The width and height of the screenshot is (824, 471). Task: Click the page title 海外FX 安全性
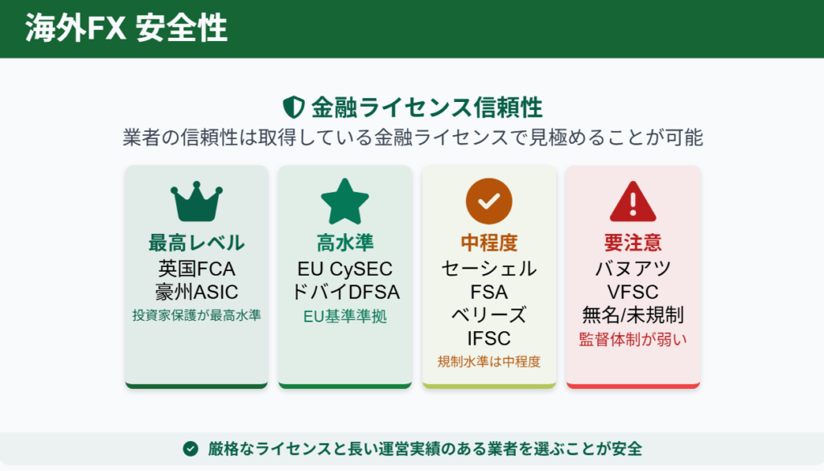pyautogui.click(x=126, y=29)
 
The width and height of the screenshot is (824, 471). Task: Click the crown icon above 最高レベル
pyautogui.click(x=196, y=203)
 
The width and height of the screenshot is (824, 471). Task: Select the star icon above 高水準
pyautogui.click(x=344, y=201)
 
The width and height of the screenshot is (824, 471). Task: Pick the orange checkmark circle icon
pyautogui.click(x=488, y=201)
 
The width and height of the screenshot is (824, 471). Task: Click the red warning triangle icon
pyautogui.click(x=633, y=201)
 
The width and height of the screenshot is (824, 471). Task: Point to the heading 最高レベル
pyautogui.click(x=196, y=243)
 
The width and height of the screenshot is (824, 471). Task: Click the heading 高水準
pyautogui.click(x=344, y=243)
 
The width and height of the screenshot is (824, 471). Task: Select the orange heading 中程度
pyautogui.click(x=488, y=243)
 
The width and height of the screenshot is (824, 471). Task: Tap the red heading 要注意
pyautogui.click(x=633, y=243)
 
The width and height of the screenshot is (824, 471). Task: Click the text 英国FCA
pyautogui.click(x=196, y=268)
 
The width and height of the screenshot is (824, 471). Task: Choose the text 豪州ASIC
pyautogui.click(x=196, y=291)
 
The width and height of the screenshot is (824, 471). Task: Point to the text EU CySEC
pyautogui.click(x=344, y=268)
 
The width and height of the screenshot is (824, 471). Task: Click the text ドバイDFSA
pyautogui.click(x=344, y=291)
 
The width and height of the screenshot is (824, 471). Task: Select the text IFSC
pyautogui.click(x=488, y=338)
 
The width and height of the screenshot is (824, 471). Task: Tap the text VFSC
pyautogui.click(x=633, y=291)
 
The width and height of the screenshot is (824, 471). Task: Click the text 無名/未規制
pyautogui.click(x=633, y=314)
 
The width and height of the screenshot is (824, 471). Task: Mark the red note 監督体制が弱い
pyautogui.click(x=633, y=339)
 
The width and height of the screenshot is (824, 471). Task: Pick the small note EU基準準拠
pyautogui.click(x=344, y=317)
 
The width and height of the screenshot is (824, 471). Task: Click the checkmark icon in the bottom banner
pyautogui.click(x=190, y=448)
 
